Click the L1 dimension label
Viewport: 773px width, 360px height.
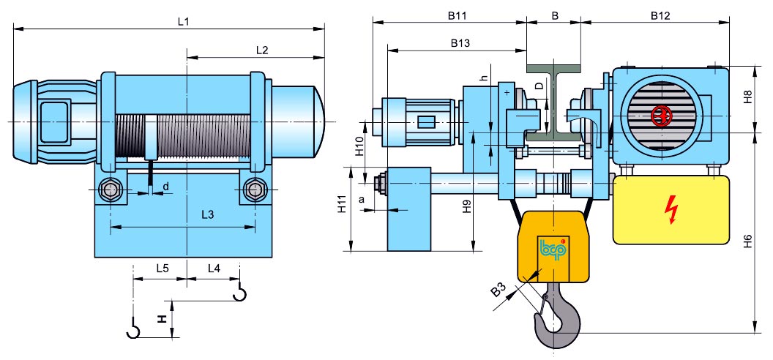pos(184,22)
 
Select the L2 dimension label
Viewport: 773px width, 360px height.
pos(262,50)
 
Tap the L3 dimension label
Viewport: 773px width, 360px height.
pos(208,215)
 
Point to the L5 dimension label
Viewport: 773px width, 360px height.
pos(163,269)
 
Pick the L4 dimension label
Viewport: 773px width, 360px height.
pos(214,269)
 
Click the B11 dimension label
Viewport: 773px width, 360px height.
pos(457,16)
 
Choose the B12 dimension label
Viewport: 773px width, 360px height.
pos(660,16)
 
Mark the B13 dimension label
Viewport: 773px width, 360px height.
pos(460,43)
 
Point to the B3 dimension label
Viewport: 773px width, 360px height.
pos(499,291)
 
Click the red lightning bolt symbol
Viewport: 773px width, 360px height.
pos(671,209)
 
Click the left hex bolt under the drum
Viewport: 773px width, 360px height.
pos(109,189)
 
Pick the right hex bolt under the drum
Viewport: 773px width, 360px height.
pos(255,189)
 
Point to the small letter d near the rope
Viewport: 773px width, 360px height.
pos(165,186)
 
